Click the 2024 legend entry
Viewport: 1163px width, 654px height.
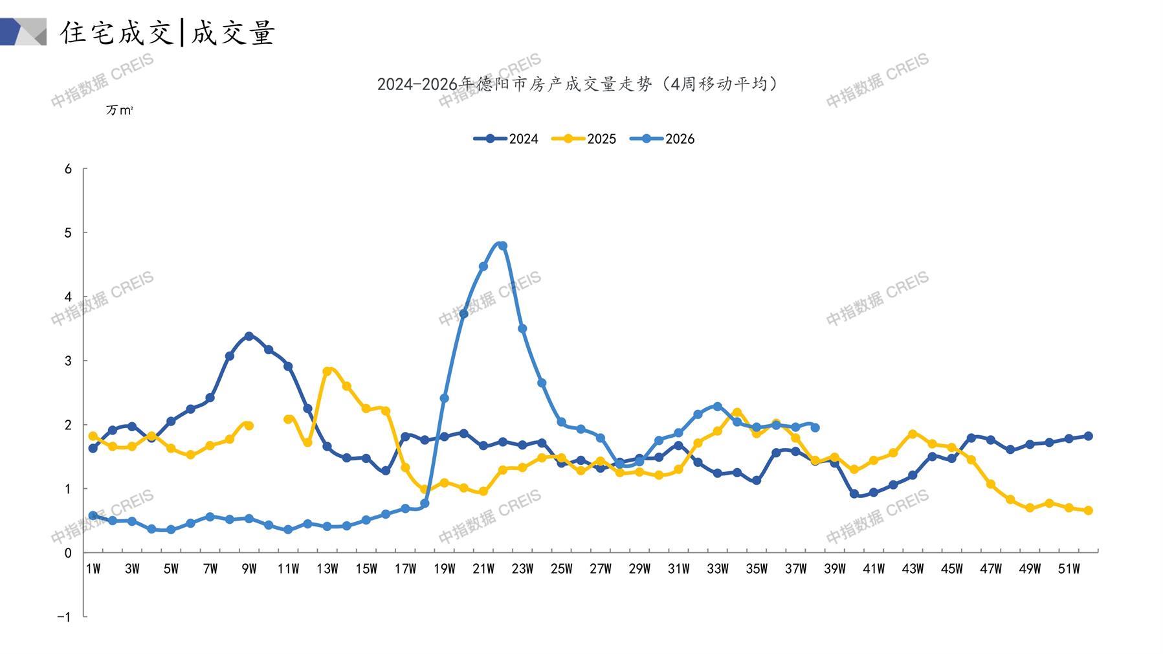[x=506, y=139]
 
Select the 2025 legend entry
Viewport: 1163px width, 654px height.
[x=584, y=139]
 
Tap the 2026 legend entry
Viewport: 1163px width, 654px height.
[x=662, y=139]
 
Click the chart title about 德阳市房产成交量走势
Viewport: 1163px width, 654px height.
[x=577, y=84]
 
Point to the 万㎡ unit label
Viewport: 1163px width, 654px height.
[x=120, y=111]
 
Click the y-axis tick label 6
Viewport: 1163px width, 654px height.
[x=68, y=169]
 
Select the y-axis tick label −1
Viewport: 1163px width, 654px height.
[x=64, y=617]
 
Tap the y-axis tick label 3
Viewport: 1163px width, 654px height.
[x=68, y=361]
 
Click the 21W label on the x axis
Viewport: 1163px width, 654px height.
[x=483, y=569]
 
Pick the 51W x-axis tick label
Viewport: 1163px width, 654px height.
[x=1069, y=569]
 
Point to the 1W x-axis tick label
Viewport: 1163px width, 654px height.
[x=93, y=569]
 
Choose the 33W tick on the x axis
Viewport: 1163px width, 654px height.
[x=717, y=569]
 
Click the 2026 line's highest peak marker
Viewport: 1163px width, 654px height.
[x=503, y=246]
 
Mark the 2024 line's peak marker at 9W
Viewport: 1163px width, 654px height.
[x=249, y=336]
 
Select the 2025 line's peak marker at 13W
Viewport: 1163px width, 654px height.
[x=327, y=372]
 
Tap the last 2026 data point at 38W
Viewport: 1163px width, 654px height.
[x=815, y=428]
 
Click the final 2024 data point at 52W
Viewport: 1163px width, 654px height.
[x=1088, y=436]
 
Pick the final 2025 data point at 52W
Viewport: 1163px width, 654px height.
[x=1088, y=511]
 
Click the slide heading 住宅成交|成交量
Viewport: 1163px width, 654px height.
[x=168, y=32]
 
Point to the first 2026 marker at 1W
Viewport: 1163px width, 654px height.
[x=93, y=516]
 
